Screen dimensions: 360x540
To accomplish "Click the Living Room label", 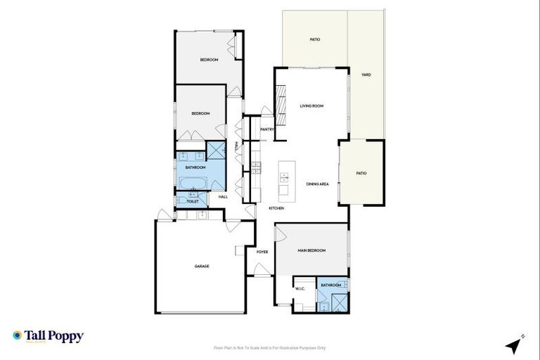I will pyautogui.click(x=311, y=105).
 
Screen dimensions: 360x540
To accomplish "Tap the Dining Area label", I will pyautogui.click(x=318, y=184).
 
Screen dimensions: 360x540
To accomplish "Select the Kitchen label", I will pyautogui.click(x=276, y=209).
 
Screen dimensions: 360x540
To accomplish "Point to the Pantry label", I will pyautogui.click(x=266, y=129).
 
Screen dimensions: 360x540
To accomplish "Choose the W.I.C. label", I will pyautogui.click(x=300, y=288).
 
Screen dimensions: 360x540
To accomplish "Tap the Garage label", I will pyautogui.click(x=202, y=266).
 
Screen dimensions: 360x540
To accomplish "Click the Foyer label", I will pyautogui.click(x=262, y=251).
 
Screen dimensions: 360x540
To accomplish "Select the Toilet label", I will pyautogui.click(x=193, y=202).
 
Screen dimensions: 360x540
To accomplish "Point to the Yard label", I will pyautogui.click(x=366, y=75).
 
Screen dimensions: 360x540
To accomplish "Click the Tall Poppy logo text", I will pyautogui.click(x=54, y=336).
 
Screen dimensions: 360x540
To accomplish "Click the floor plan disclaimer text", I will pyautogui.click(x=270, y=347).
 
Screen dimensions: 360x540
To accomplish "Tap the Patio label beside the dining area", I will pyautogui.click(x=361, y=173).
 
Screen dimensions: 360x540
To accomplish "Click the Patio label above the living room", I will pyautogui.click(x=315, y=39).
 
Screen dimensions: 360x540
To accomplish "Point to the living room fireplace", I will pyautogui.click(x=281, y=104).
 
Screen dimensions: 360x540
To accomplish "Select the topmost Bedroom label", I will pyautogui.click(x=209, y=60).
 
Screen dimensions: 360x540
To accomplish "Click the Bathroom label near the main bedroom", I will pyautogui.click(x=331, y=285).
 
